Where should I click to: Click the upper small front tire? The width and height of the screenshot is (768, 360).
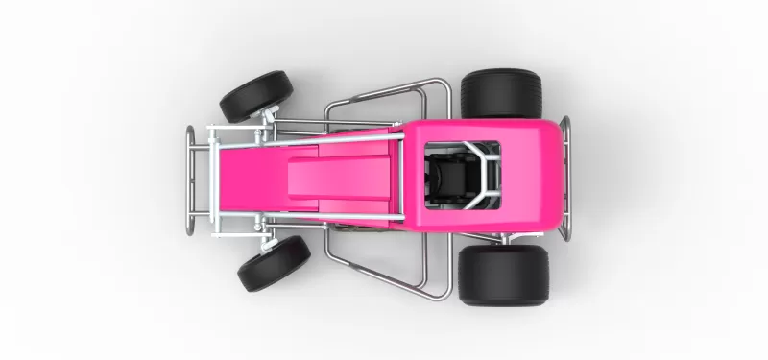pos(255,95)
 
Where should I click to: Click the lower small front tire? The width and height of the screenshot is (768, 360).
pos(274,263)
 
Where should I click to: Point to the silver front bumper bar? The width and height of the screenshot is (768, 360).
pos(191,180)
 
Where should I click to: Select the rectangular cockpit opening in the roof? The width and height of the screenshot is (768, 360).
pos(462,175)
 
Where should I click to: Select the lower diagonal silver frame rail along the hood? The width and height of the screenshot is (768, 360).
pos(307,221)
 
